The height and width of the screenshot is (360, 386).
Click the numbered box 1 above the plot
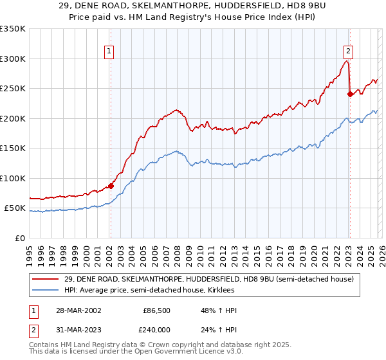tap(109, 53)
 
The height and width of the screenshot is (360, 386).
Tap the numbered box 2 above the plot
tap(348, 53)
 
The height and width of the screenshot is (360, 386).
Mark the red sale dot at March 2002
tap(111, 186)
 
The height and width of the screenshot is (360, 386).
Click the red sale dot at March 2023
tap(350, 94)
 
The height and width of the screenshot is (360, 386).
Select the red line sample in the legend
tap(46, 280)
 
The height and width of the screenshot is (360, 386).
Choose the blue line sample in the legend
tap(46, 291)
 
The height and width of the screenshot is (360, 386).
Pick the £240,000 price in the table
tap(156, 330)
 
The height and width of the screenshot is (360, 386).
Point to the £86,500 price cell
tap(156, 310)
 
